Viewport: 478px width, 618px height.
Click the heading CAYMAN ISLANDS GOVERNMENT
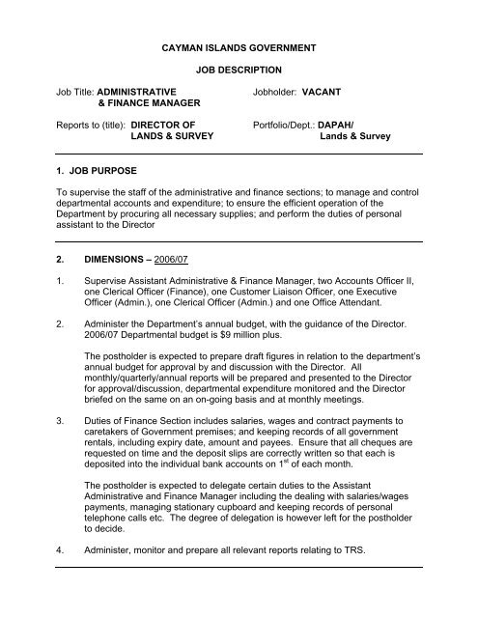click(238, 46)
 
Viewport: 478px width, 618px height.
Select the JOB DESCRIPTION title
click(238, 71)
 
